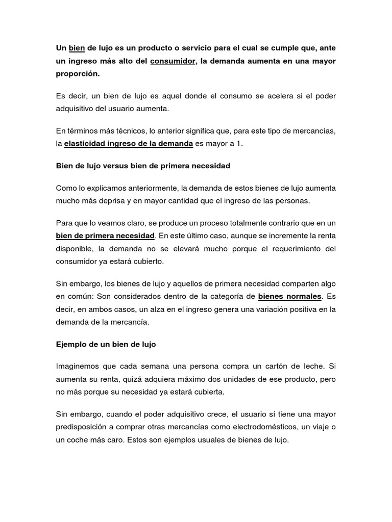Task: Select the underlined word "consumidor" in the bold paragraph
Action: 174,61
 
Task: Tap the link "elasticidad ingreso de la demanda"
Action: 129,144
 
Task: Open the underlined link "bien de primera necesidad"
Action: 105,236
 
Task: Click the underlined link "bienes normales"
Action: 290,296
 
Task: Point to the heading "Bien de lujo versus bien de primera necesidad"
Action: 143,166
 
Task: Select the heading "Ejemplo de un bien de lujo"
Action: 106,345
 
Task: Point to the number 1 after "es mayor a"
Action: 240,144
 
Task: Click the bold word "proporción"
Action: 78,73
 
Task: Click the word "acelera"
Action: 258,96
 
